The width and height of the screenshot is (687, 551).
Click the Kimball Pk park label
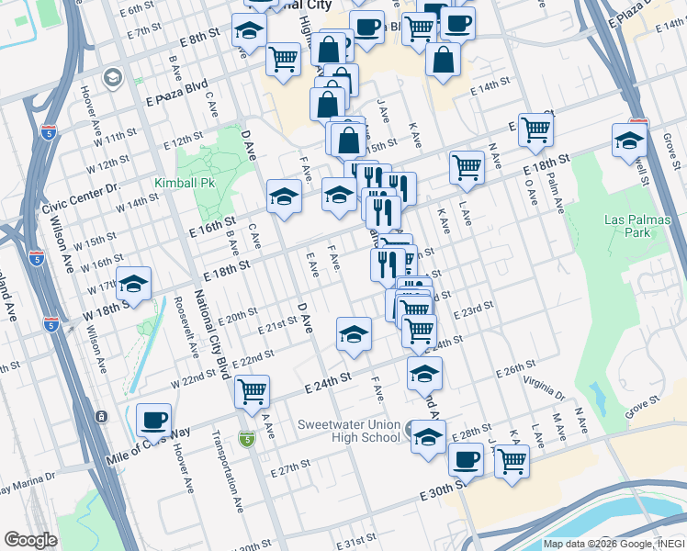185,183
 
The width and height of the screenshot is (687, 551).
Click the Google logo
30,539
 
